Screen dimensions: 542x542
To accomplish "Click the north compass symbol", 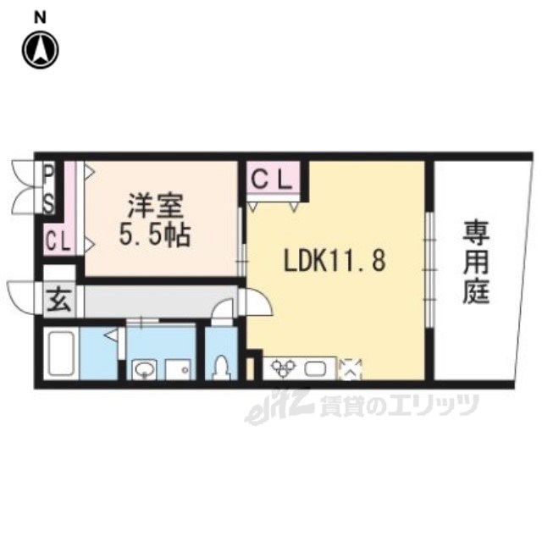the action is tap(41, 50).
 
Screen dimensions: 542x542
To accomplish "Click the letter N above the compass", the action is tap(41, 17).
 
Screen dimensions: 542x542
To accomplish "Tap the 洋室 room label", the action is tap(155, 207).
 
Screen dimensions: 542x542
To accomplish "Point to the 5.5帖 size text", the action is tap(154, 235).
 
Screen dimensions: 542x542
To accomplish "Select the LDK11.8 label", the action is tap(335, 260).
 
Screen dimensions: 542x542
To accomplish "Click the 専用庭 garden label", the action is tap(476, 263).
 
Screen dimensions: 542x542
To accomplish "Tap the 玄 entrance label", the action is tap(59, 300).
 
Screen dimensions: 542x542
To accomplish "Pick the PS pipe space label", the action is tap(49, 189).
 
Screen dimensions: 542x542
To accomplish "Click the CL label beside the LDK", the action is tap(273, 180).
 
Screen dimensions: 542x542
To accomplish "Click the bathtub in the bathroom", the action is tap(62, 353).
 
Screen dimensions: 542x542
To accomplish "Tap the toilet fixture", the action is tap(221, 367).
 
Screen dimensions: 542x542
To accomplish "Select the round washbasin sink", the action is tap(144, 370).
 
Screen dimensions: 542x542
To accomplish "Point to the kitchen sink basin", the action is tap(316, 369).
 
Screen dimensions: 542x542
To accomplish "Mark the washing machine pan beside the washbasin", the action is tap(178, 369).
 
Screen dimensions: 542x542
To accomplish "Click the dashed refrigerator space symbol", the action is tap(350, 369).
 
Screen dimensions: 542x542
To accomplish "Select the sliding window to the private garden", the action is tap(429, 269).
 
